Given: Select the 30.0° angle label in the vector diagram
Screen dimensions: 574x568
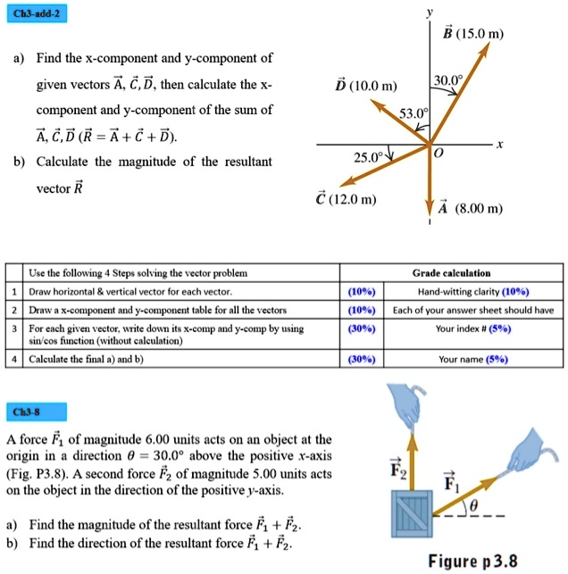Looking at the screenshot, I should click(448, 79).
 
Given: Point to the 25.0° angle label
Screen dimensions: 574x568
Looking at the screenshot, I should click(367, 157).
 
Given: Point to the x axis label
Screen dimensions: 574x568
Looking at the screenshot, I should click(501, 143).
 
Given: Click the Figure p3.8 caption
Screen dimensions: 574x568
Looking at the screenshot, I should click(472, 562).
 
